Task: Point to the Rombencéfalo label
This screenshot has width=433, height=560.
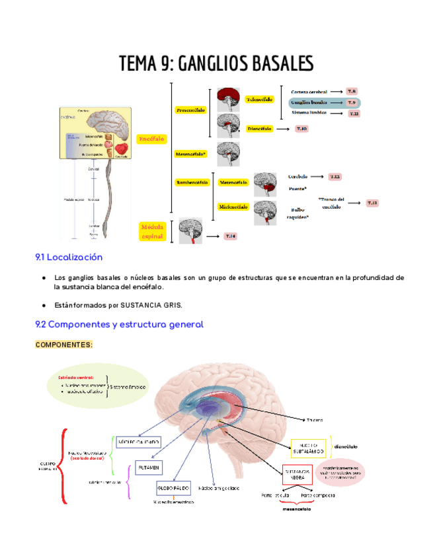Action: [191, 182]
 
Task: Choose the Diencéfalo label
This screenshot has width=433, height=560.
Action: [259, 129]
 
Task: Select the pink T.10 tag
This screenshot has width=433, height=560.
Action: [301, 129]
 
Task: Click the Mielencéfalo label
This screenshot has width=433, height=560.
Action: [233, 207]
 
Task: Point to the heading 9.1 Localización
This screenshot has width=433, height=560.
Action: [69, 257]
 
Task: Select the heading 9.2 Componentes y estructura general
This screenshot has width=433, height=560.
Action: [119, 324]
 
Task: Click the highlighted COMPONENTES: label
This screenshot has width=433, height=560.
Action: [63, 345]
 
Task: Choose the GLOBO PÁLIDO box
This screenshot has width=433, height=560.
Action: [173, 488]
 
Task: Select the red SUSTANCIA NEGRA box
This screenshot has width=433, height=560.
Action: [297, 475]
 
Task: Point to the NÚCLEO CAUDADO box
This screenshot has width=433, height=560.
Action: [138, 441]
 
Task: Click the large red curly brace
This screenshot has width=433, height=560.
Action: [63, 466]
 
